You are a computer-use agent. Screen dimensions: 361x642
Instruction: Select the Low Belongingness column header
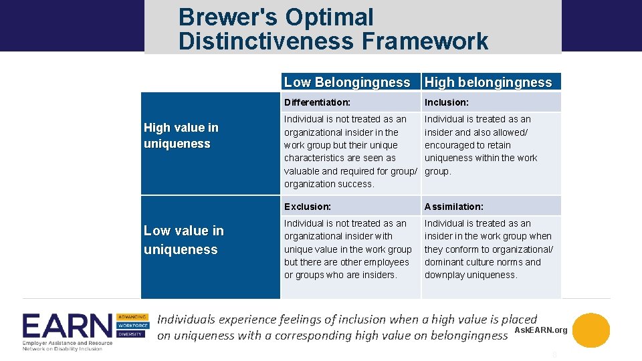point(347,82)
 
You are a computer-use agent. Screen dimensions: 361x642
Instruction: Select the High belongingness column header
point(488,82)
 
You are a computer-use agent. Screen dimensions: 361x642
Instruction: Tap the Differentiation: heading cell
point(317,102)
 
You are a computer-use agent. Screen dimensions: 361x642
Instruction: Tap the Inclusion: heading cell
point(446,102)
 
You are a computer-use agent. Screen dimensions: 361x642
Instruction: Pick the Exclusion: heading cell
point(307,207)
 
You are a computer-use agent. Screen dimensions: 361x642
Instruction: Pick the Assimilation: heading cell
point(453,207)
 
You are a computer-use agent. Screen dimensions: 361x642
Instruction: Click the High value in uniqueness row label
point(181,136)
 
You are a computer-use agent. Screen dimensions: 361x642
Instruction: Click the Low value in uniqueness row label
point(184,240)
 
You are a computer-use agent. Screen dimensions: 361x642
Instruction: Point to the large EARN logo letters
point(67,327)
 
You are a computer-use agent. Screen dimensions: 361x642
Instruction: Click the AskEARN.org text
point(541,330)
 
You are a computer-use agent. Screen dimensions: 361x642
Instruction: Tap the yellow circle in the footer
point(591,330)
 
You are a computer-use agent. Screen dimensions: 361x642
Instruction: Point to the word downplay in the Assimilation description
point(445,275)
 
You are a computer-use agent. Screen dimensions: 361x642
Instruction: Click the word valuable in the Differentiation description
point(302,171)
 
